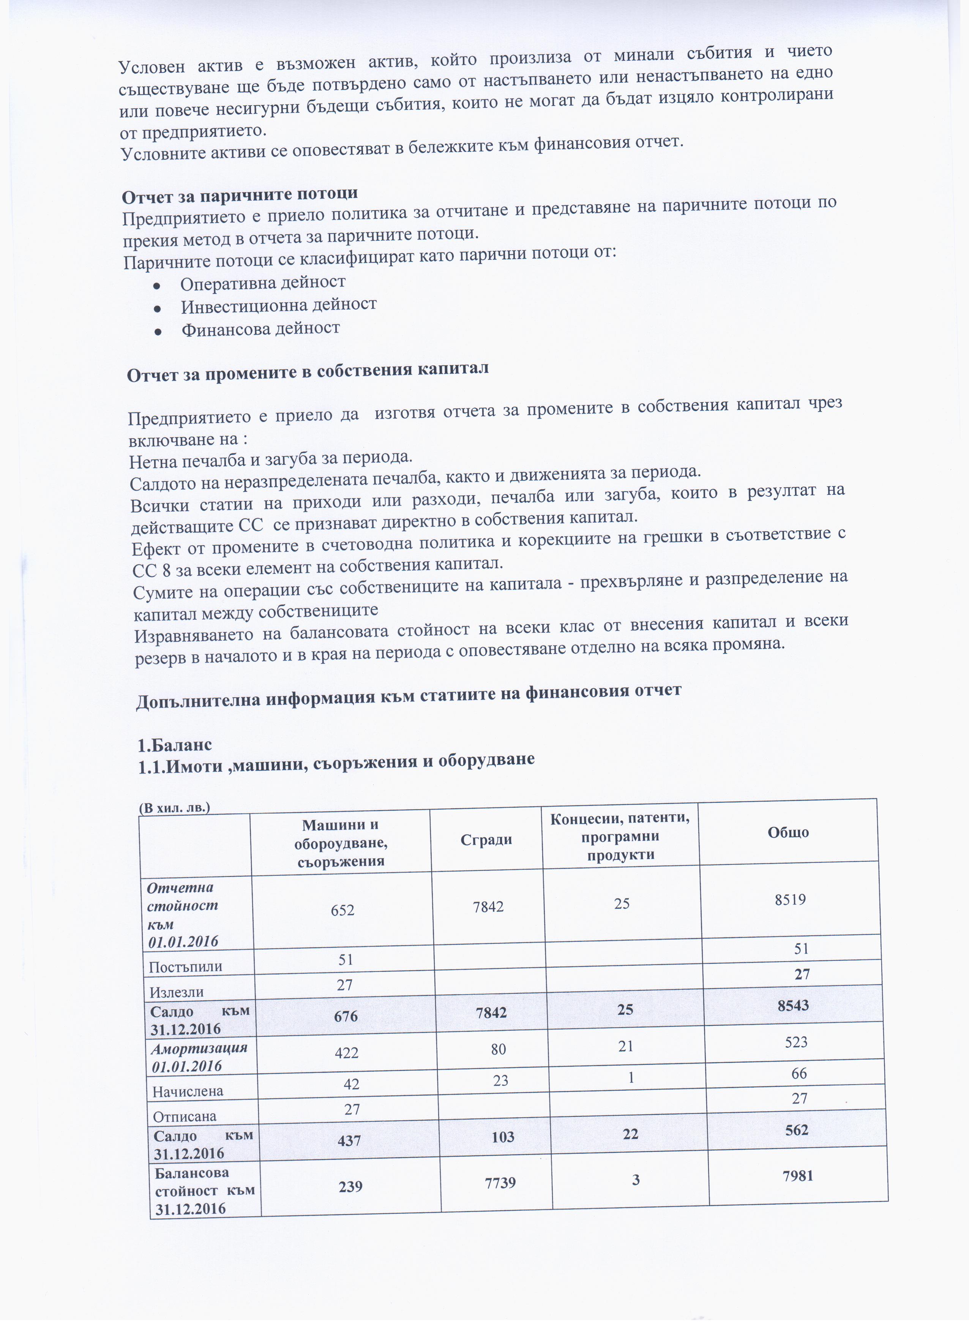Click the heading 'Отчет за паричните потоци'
(x=239, y=194)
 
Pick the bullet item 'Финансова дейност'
(x=260, y=329)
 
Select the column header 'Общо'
(x=788, y=832)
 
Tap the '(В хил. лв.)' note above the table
(x=175, y=807)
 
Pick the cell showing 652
(x=342, y=910)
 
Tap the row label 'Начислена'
(x=188, y=1091)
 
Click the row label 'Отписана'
(x=185, y=1116)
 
